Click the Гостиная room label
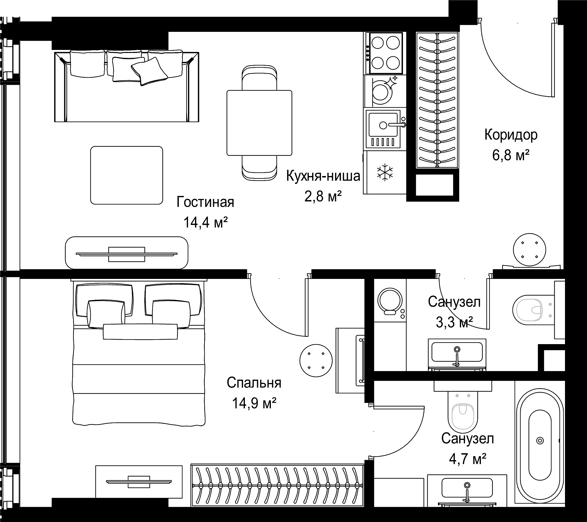[x=205, y=202]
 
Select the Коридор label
[x=511, y=135]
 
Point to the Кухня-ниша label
[x=323, y=177]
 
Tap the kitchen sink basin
[x=383, y=125]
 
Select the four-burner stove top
[x=385, y=53]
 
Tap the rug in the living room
[x=127, y=175]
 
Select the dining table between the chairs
[x=259, y=123]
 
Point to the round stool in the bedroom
[x=316, y=360]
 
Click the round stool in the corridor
[x=529, y=250]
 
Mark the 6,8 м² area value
[x=511, y=156]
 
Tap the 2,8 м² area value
[x=323, y=197]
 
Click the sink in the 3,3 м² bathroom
[x=457, y=354]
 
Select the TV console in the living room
[x=127, y=253]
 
